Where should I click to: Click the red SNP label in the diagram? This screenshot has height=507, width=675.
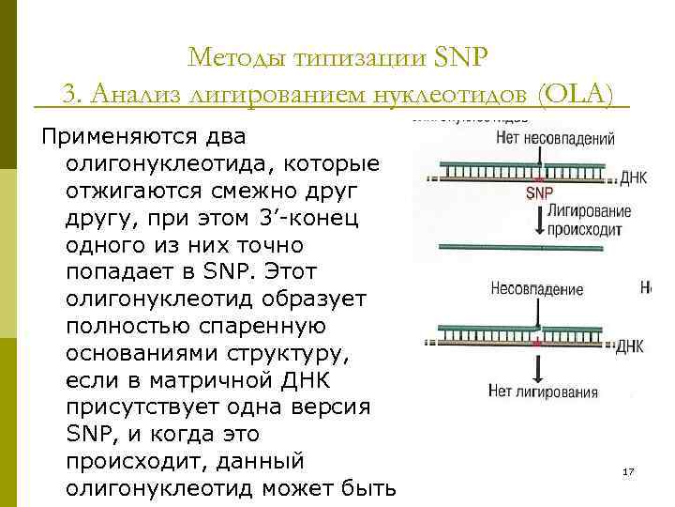[539, 192]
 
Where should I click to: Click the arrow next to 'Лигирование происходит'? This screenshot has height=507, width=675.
[538, 218]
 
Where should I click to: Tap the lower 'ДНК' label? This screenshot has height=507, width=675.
[629, 346]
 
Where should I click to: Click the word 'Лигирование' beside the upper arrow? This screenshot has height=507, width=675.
[591, 211]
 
